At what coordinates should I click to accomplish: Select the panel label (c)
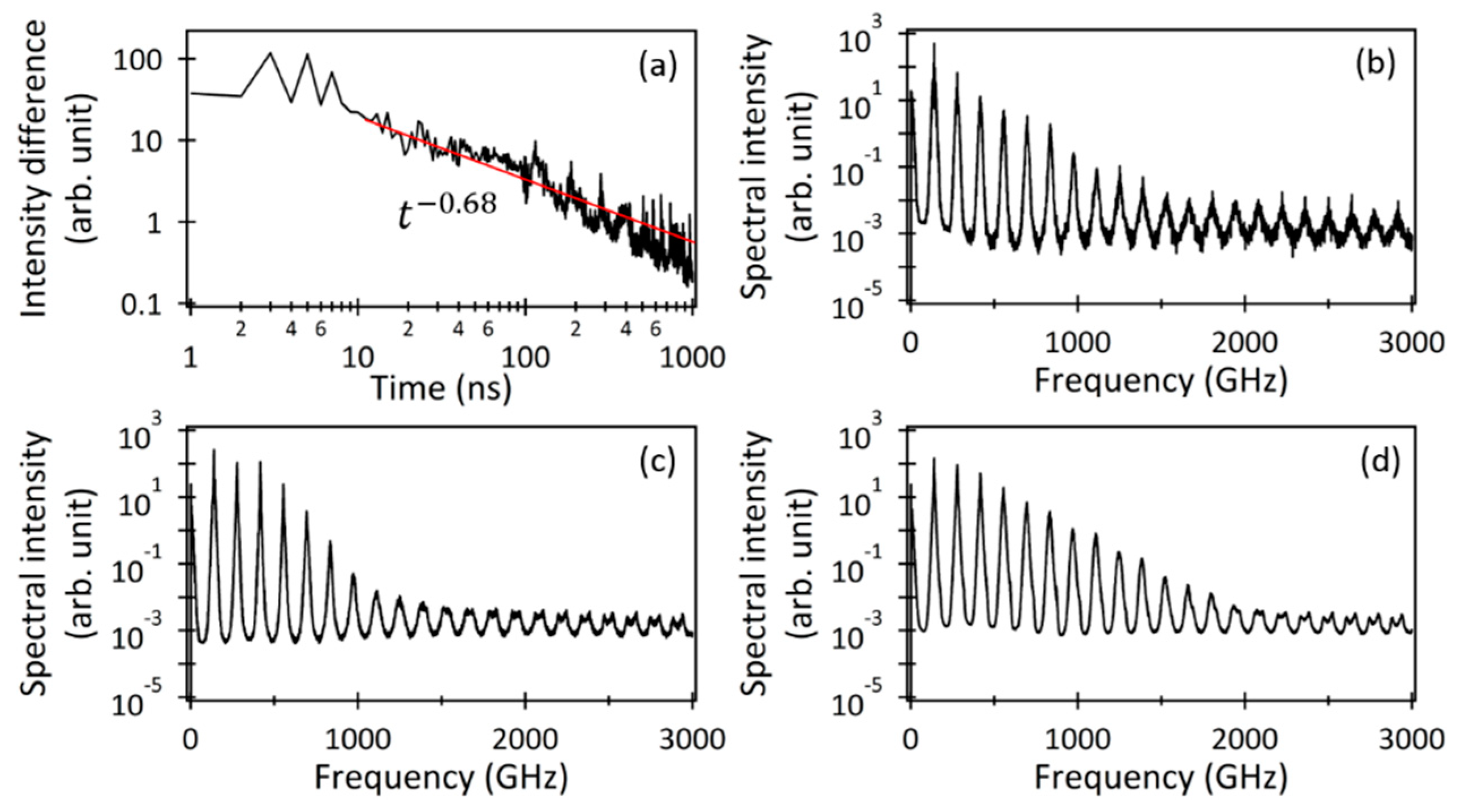click(x=657, y=462)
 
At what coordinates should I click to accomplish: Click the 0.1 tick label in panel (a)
click(x=145, y=307)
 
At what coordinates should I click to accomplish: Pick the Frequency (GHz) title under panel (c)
click(x=441, y=778)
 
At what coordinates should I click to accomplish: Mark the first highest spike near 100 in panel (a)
click(x=270, y=54)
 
